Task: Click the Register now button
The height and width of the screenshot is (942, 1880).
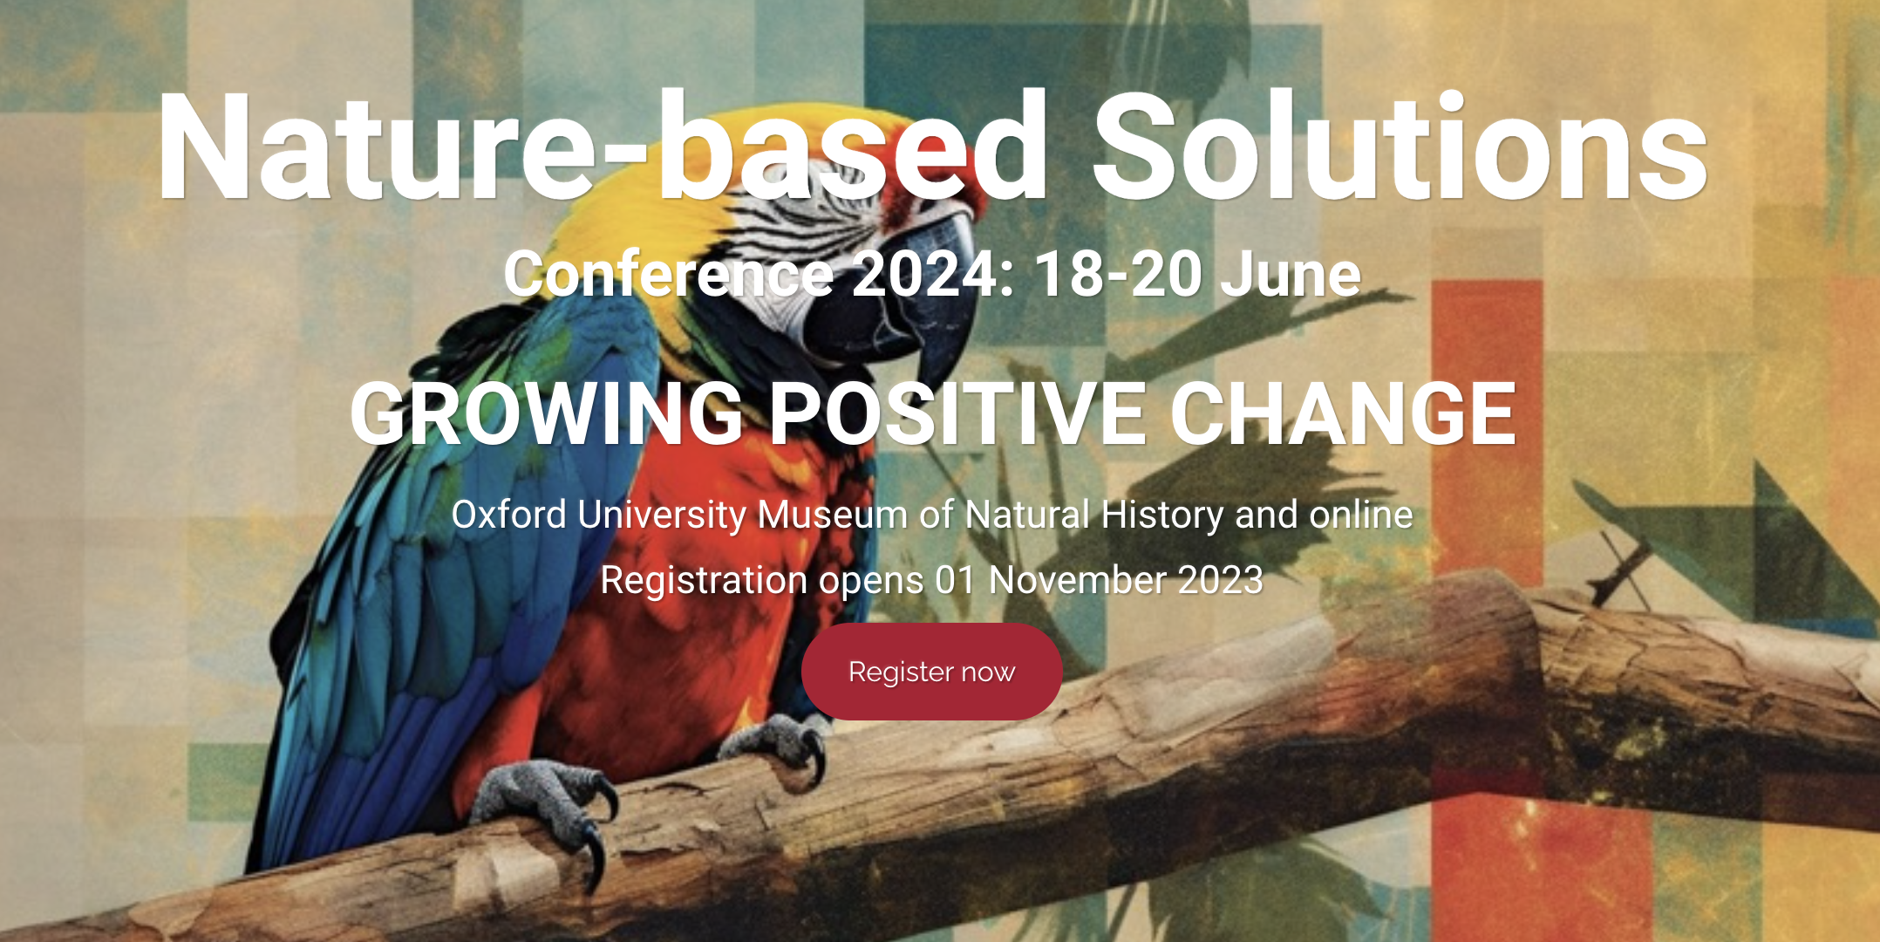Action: (x=931, y=672)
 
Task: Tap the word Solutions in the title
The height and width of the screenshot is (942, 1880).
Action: (x=1400, y=147)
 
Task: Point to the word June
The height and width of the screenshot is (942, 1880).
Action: (x=1290, y=274)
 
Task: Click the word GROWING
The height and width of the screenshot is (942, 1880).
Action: (x=547, y=414)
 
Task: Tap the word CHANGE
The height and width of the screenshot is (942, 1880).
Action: (x=1343, y=413)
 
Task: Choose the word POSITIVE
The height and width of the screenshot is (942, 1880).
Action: (x=957, y=413)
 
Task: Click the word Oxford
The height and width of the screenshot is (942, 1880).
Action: (x=509, y=515)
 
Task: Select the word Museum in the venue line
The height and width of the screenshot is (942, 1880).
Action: (x=833, y=515)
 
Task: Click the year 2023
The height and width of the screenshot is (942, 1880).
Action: (x=1221, y=580)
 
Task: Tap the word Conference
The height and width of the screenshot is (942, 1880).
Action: (x=670, y=274)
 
